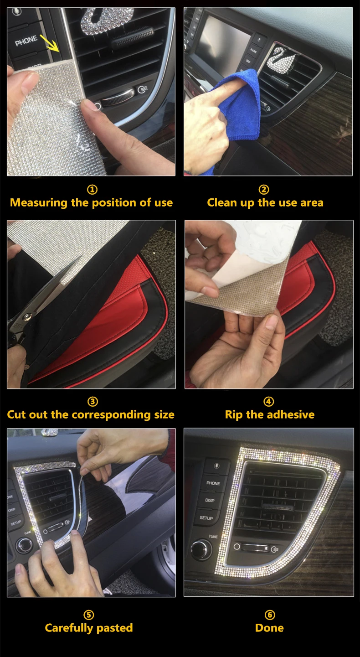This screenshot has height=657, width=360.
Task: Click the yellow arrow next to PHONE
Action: coord(50,43)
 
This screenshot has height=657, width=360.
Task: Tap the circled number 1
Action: coord(93,190)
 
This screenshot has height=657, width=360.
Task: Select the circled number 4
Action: coord(269,402)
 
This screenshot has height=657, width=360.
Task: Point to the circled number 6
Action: coord(270,615)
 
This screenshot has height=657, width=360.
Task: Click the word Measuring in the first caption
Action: coord(39,203)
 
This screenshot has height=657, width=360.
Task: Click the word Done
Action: coord(269,628)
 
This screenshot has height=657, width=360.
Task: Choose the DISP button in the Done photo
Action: coord(210,500)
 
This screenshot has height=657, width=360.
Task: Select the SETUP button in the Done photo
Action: coord(206,518)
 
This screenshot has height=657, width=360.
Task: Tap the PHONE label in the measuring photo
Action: coord(26,41)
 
